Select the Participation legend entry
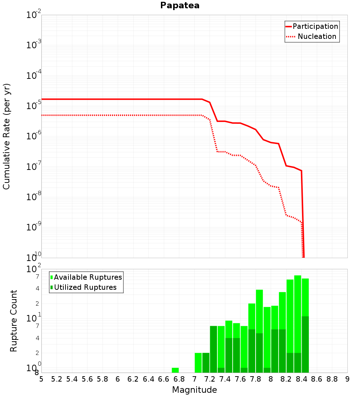coord(315,26)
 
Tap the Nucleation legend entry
coord(317,36)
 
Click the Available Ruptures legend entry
coord(88,277)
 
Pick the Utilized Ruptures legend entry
coord(85,287)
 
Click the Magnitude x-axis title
coord(194,390)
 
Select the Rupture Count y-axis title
coord(14,321)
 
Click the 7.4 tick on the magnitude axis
coord(225,379)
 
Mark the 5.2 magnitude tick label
coord(57,379)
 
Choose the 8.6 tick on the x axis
coord(317,379)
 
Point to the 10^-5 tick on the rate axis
coord(33,106)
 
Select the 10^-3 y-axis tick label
coord(33,45)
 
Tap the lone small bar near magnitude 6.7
coord(175,370)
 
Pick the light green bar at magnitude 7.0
coord(198,363)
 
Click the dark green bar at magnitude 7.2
coord(213,349)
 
